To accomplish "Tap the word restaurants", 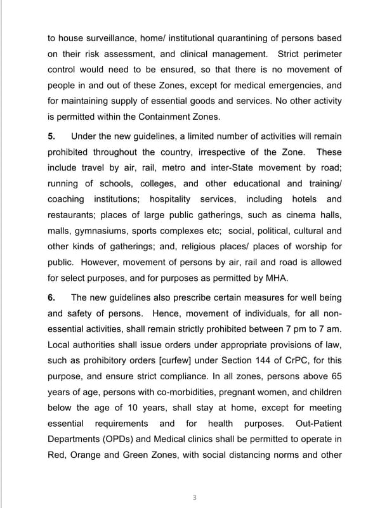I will click(72, 215).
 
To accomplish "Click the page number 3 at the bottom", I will click(195, 497).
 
